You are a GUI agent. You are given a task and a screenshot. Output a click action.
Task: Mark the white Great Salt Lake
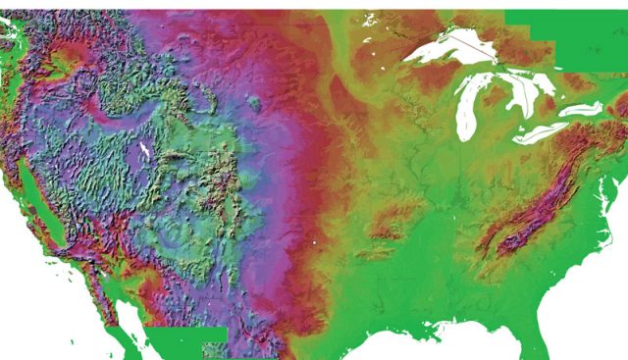pyautogui.click(x=145, y=150)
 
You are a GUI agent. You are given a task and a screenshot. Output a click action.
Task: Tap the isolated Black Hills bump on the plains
pyautogui.click(x=254, y=101)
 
